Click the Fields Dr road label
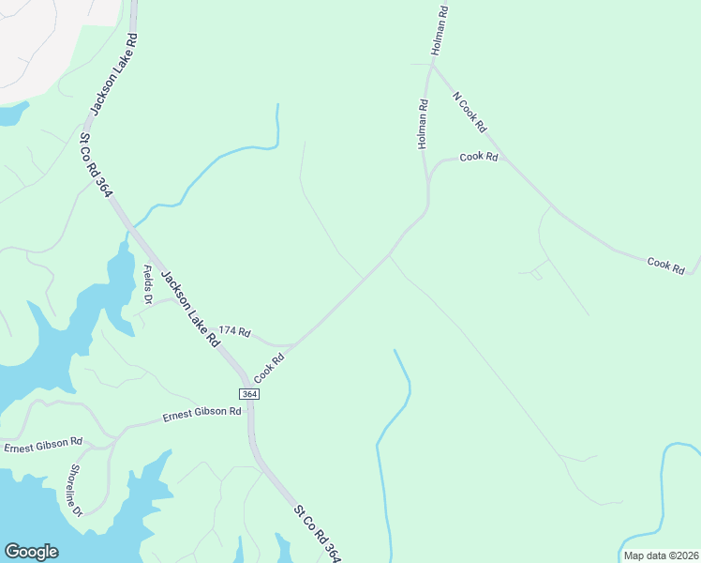click(148, 284)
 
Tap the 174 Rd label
click(235, 331)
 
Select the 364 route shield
click(249, 394)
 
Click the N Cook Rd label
click(470, 111)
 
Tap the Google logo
click(31, 552)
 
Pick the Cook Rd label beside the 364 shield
click(268, 367)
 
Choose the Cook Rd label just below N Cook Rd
click(478, 157)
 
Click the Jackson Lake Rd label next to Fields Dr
click(190, 308)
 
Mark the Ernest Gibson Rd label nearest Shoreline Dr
click(43, 444)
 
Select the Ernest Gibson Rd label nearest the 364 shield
click(201, 414)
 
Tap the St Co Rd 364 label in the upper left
click(97, 165)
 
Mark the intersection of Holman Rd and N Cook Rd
click(432, 66)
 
